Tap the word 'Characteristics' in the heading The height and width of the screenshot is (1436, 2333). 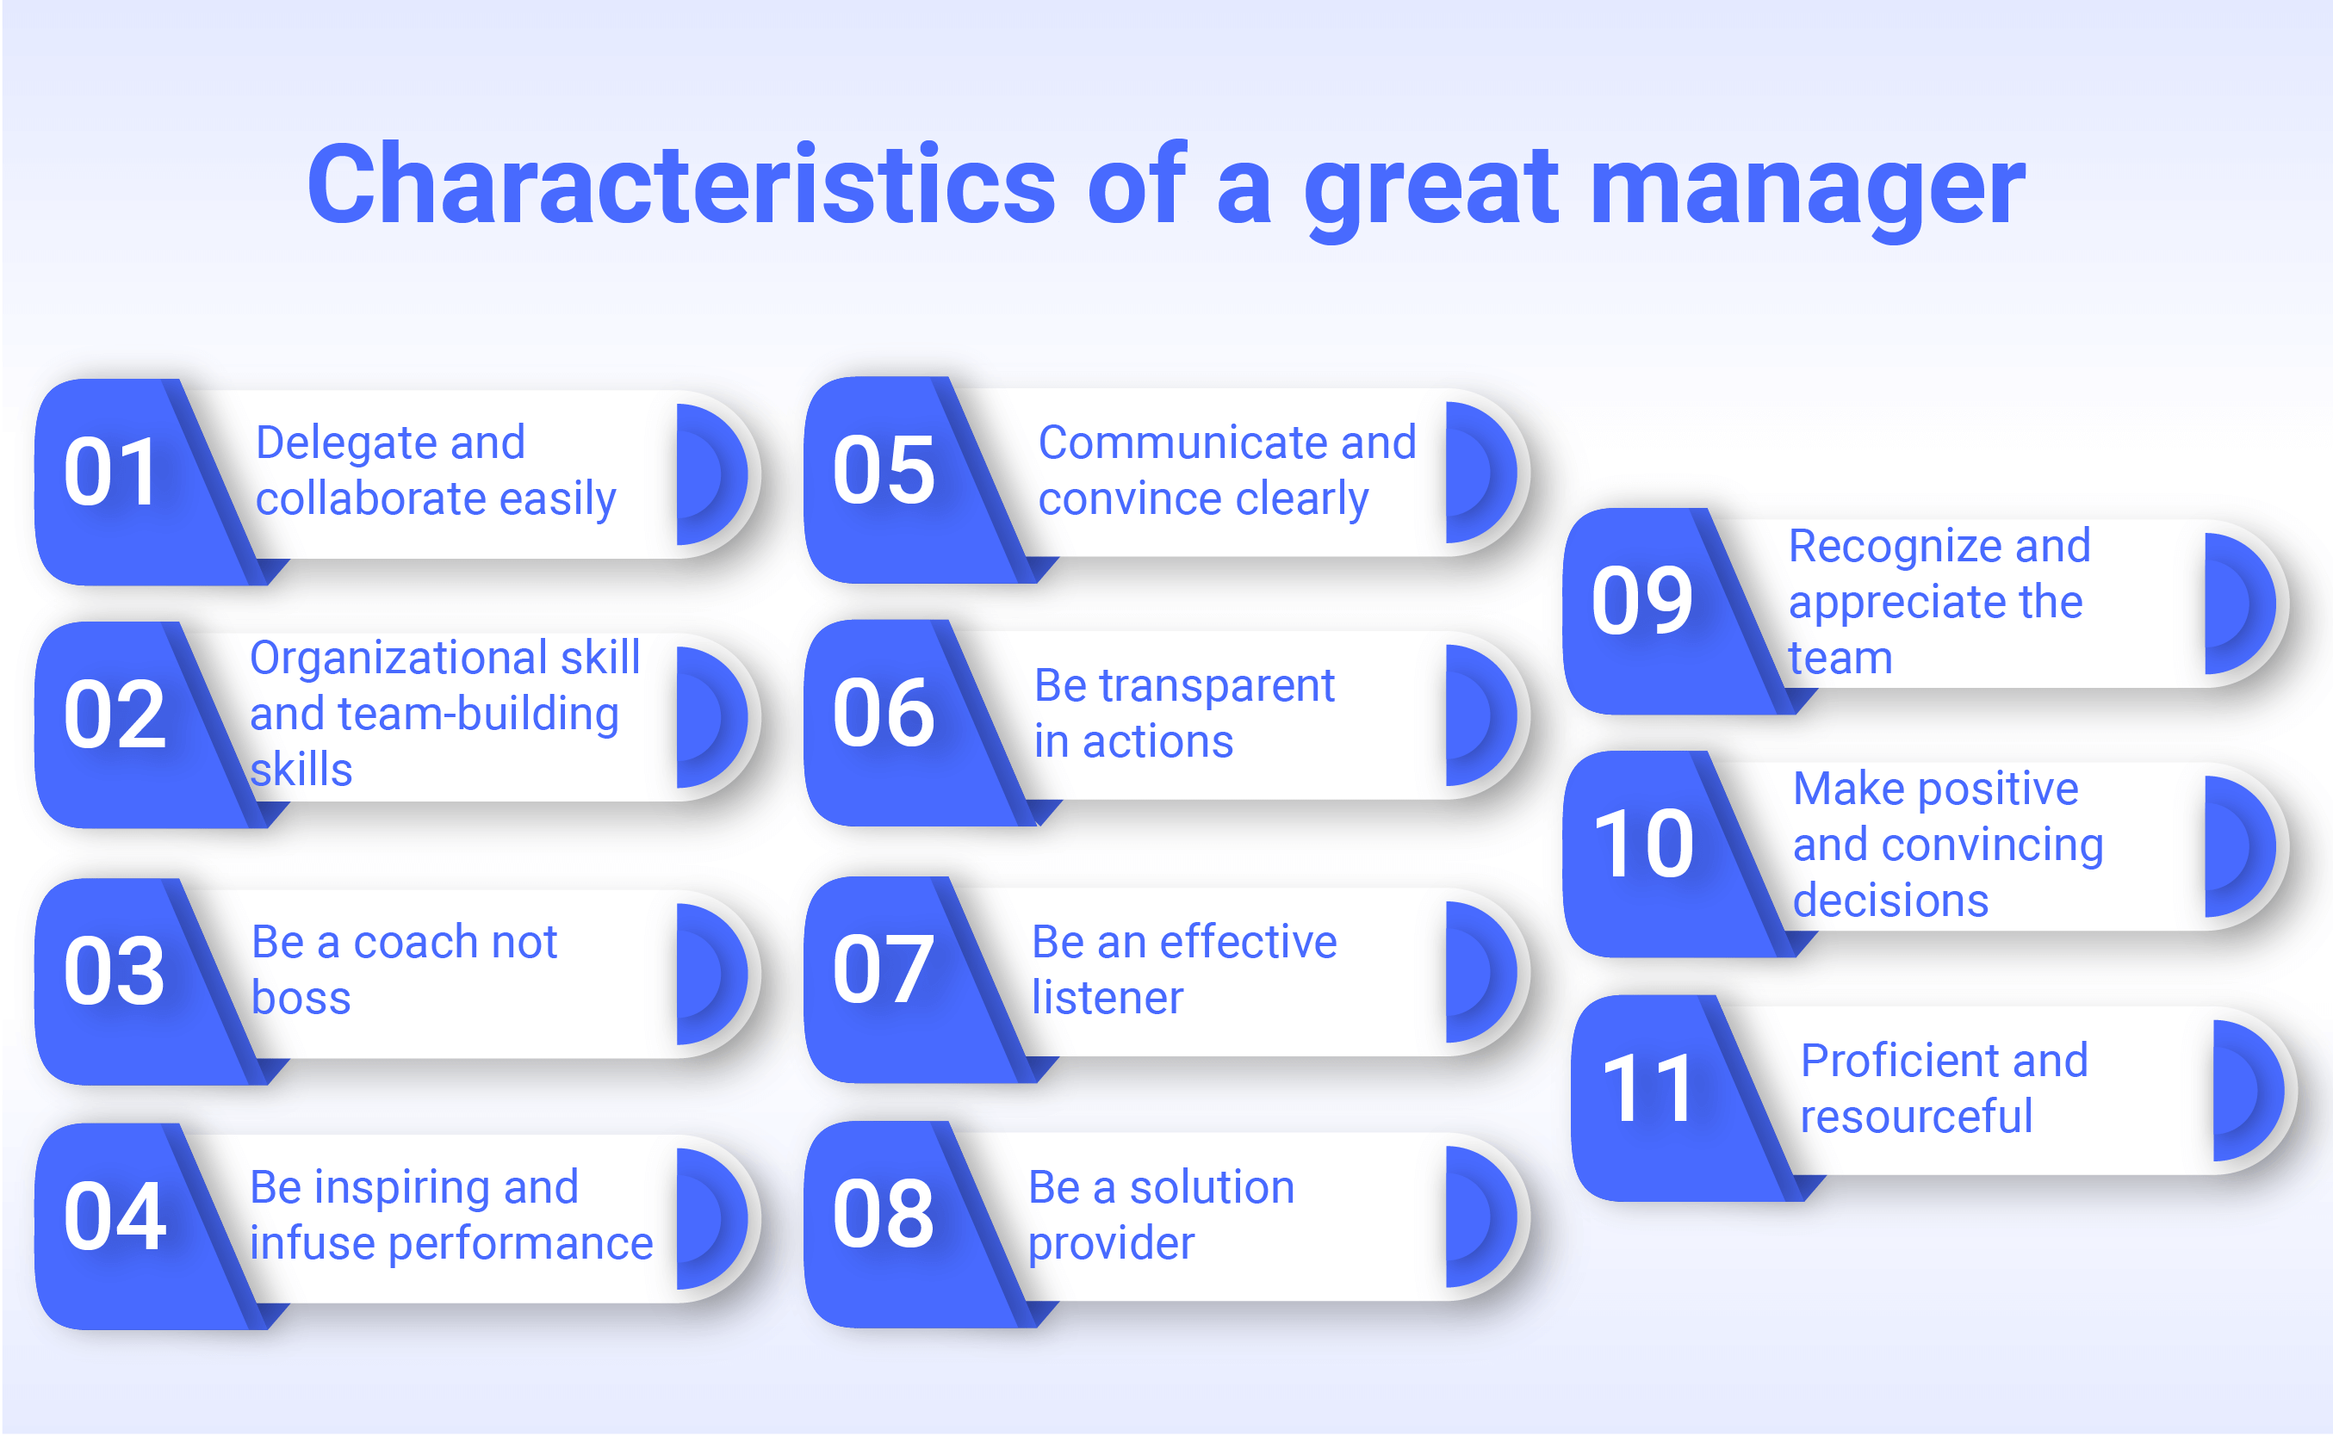681,183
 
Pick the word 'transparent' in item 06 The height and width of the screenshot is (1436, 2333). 1216,687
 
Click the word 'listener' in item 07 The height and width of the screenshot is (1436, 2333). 1107,998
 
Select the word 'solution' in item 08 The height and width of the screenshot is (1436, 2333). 1211,1188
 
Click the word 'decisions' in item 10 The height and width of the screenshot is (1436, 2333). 1890,901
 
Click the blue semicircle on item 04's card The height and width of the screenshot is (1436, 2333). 711,1219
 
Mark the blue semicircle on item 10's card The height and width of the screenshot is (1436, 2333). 2240,846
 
